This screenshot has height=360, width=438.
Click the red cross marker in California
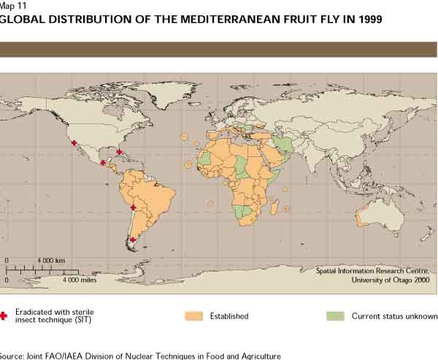(x=74, y=144)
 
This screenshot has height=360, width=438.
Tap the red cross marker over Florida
(x=119, y=152)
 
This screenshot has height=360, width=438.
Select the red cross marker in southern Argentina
(x=132, y=239)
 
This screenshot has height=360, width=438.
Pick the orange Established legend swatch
(x=193, y=316)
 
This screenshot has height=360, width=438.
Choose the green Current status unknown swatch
(x=335, y=316)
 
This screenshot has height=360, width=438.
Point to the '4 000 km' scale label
(x=51, y=261)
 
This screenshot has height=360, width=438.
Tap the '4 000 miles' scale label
(x=80, y=279)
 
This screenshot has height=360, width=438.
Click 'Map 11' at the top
(x=14, y=5)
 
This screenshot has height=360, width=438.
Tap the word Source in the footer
(x=13, y=356)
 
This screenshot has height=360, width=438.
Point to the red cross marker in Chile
(x=133, y=207)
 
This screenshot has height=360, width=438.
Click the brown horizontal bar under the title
(x=219, y=49)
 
